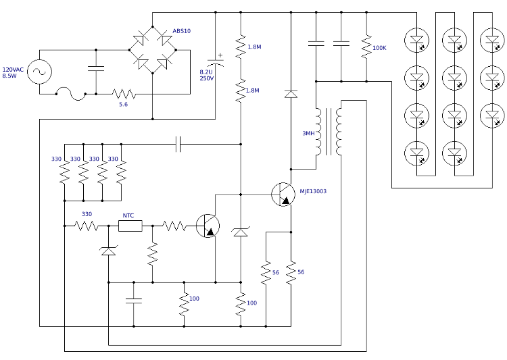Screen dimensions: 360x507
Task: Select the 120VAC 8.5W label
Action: (x=13, y=73)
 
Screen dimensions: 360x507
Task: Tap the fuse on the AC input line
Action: (x=72, y=94)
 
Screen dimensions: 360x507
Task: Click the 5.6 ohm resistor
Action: (x=124, y=94)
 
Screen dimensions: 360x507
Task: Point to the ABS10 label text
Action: (x=181, y=31)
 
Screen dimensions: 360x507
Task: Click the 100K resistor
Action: (x=366, y=47)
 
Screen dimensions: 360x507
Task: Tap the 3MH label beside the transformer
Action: (x=308, y=133)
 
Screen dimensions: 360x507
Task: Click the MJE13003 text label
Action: (x=313, y=192)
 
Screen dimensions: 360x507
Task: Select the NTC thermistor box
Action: (x=130, y=226)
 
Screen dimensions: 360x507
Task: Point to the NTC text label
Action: (x=128, y=215)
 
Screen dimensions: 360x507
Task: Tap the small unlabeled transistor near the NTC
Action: (x=208, y=226)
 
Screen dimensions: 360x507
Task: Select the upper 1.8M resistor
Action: (x=241, y=47)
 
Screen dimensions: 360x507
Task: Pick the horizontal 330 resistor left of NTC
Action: (x=87, y=226)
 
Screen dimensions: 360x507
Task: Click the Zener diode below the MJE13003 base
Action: (x=241, y=232)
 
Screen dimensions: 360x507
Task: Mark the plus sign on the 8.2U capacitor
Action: (x=220, y=55)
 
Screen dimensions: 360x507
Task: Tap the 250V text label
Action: (x=206, y=78)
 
